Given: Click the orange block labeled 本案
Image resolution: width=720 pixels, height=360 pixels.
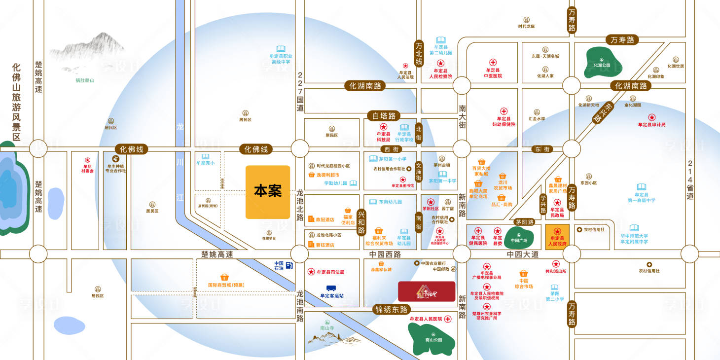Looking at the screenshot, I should coord(268,192).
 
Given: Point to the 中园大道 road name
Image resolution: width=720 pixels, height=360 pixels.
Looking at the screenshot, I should coord(523,254).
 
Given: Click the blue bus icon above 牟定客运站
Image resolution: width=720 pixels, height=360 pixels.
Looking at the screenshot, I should coord(331,288).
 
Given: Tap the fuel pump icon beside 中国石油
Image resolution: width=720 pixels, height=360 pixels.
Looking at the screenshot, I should coord(289,266).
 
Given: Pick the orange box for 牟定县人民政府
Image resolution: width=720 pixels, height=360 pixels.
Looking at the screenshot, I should coord(558,236).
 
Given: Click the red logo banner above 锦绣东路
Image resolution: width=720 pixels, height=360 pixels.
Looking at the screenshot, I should coord(427,291).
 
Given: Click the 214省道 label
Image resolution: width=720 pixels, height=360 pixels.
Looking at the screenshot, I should coord(690,180).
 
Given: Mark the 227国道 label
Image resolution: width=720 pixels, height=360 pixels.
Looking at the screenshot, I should coord(300,92).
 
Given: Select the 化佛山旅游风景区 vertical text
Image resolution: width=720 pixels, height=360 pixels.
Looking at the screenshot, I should coord(16,101).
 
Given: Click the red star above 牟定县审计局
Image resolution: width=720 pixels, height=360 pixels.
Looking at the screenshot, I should coord(651,117).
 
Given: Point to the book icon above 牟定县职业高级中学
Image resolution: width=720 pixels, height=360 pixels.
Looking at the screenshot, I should coord(281,49).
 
